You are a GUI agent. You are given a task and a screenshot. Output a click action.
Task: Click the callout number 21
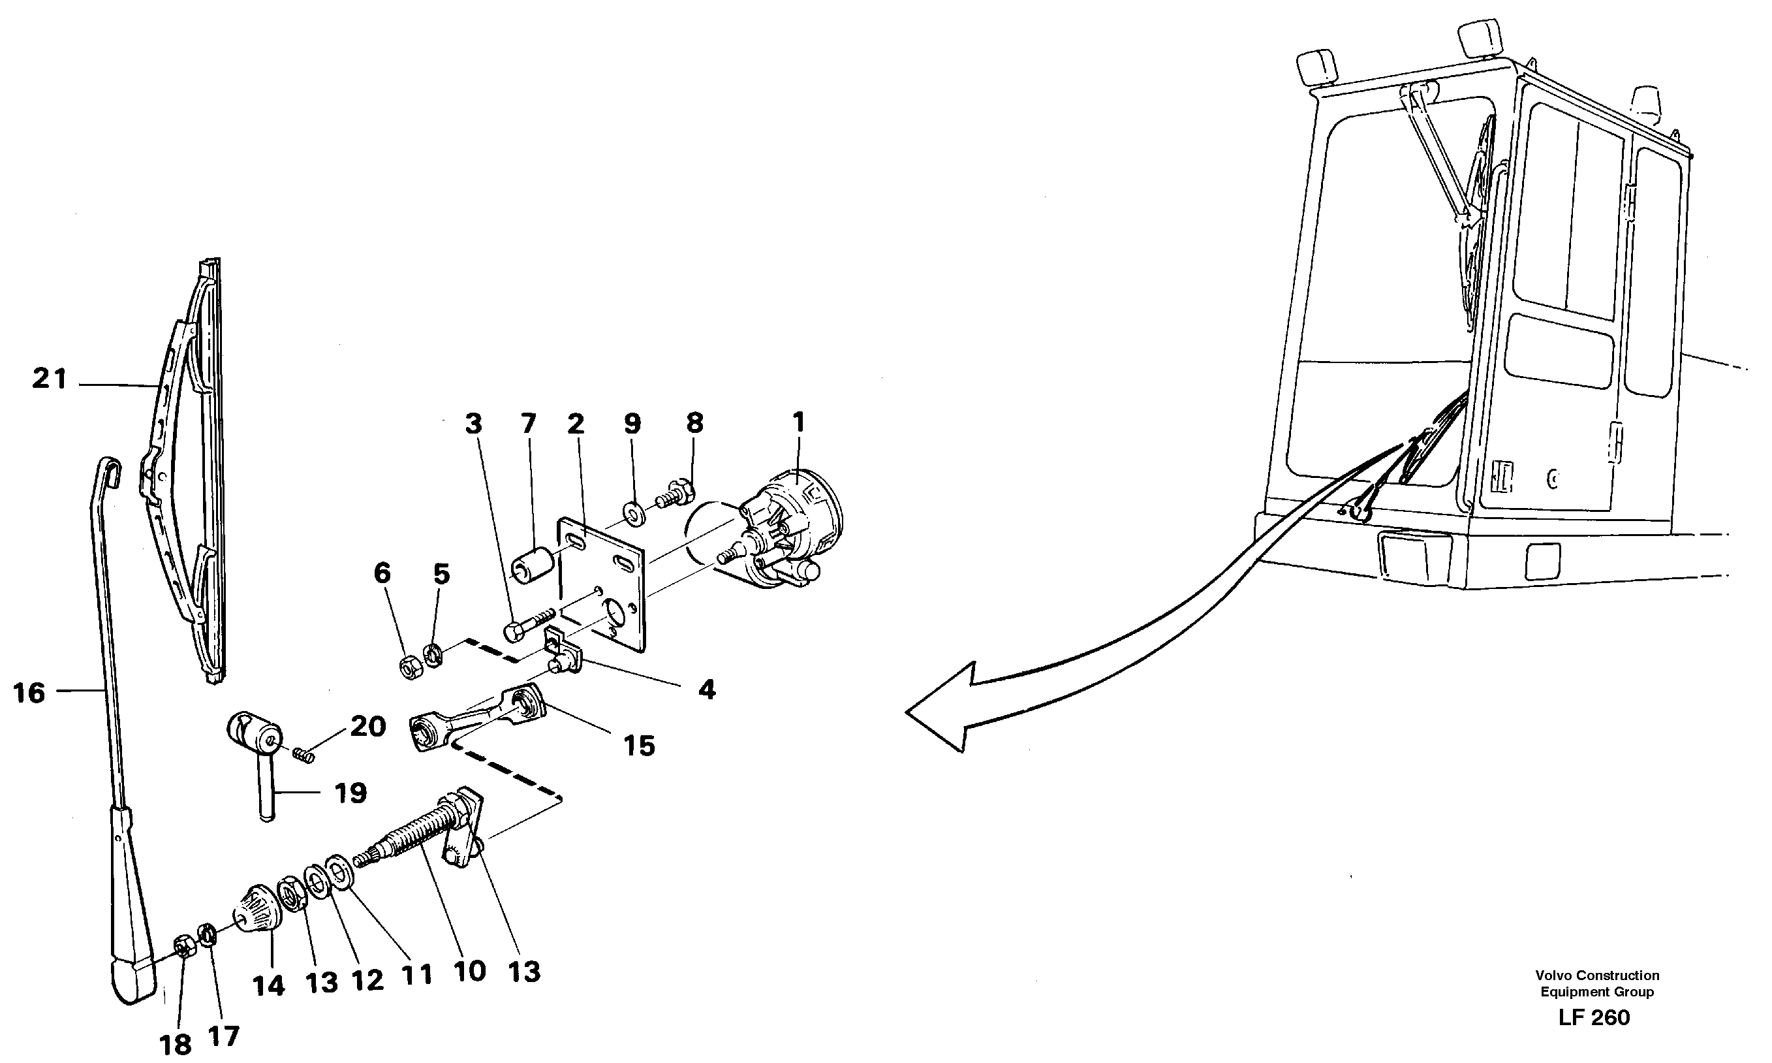50,379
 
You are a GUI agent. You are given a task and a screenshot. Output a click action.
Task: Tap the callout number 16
29,693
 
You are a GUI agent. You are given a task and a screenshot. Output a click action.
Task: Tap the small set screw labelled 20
305,755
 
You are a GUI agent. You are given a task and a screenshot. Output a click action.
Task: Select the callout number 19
350,793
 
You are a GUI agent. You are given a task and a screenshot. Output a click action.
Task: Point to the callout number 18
176,1044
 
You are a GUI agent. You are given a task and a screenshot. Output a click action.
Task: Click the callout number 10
470,972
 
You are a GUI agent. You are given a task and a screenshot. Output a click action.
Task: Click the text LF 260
1594,1018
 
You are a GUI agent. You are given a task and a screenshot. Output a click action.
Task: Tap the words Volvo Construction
1596,976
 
